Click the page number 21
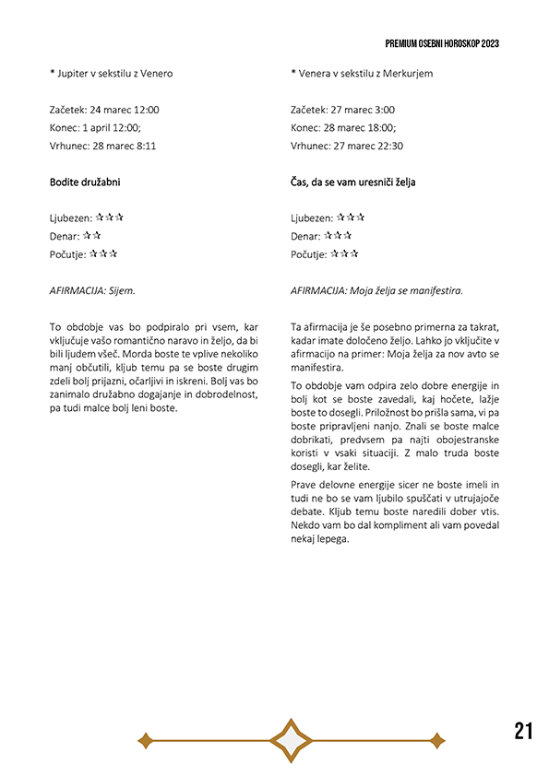click(x=523, y=732)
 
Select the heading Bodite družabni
click(x=85, y=182)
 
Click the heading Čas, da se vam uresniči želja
click(x=352, y=182)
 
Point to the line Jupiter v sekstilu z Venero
click(x=111, y=74)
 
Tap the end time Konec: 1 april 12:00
click(x=96, y=128)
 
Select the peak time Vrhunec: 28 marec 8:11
click(x=102, y=146)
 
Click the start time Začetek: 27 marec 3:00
click(x=342, y=110)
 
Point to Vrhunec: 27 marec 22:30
click(x=346, y=146)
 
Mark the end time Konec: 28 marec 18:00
click(x=342, y=128)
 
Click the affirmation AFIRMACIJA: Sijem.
click(x=92, y=290)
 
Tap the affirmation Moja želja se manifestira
click(x=405, y=290)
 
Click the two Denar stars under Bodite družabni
click(x=91, y=236)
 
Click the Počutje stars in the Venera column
click(x=344, y=253)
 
